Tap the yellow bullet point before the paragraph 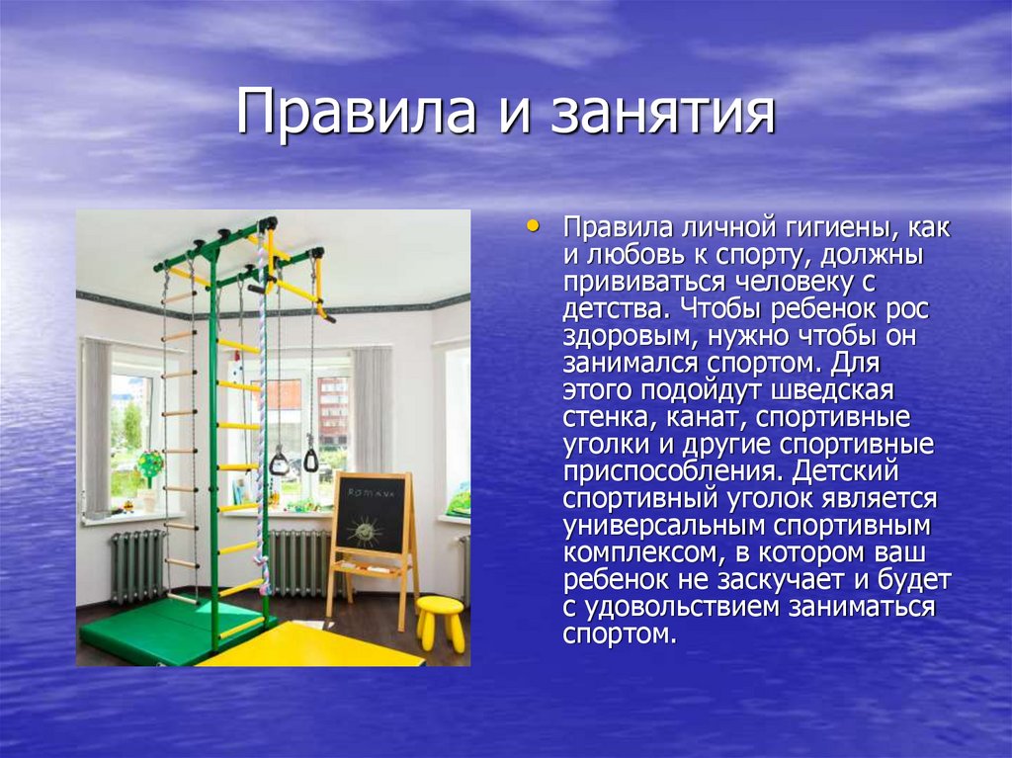point(534,225)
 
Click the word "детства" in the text point(608,309)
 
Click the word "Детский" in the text point(879,469)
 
